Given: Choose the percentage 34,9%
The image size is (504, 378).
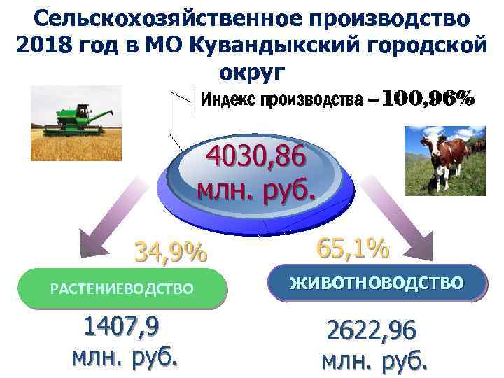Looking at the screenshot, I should point(171,251).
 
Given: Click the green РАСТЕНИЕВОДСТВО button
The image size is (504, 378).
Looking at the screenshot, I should point(122,288).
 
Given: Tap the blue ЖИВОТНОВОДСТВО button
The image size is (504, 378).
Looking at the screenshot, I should point(377,283).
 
